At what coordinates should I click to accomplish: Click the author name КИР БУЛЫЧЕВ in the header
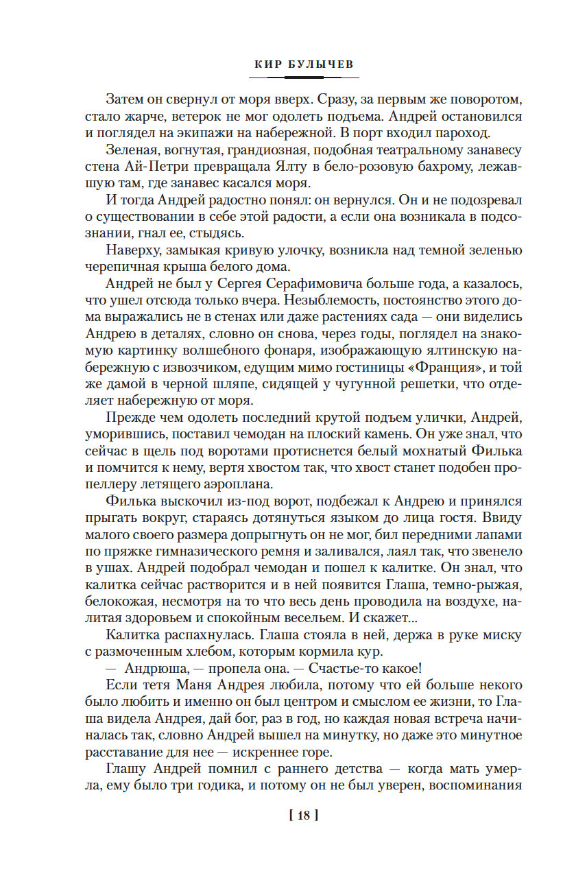point(293,64)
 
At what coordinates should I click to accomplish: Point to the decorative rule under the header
point(293,78)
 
